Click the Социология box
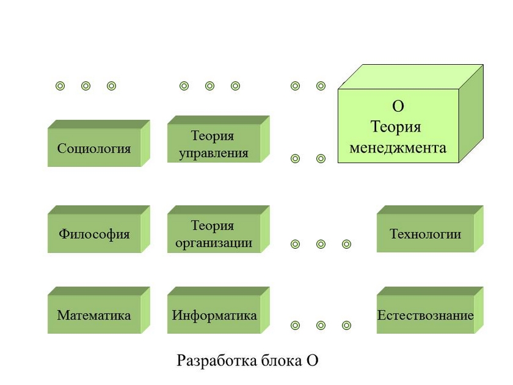tap(94, 148)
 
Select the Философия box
tap(94, 234)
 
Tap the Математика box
tap(94, 315)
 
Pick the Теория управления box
tap(213, 144)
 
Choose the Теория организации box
tap(213, 234)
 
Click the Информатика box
tap(214, 315)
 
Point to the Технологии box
tap(425, 234)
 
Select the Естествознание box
tap(425, 315)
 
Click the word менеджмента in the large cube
tap(398, 147)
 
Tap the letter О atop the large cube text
tap(398, 106)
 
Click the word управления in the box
tap(213, 153)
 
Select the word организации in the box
tap(213, 243)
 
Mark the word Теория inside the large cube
tap(396, 127)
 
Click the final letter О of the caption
tap(311, 361)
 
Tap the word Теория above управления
tap(213, 136)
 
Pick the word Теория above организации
tap(213, 226)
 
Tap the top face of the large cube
tap(411, 77)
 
